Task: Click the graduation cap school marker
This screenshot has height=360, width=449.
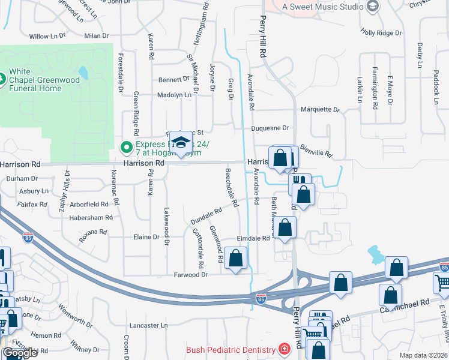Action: tap(179, 143)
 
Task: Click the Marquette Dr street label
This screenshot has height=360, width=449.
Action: tap(320, 110)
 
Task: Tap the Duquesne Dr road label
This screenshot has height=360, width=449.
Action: tap(270, 128)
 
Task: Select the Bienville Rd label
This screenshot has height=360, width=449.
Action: tap(316, 151)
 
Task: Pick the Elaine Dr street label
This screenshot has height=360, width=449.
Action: tap(146, 237)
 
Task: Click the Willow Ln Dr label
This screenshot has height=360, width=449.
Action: tap(47, 36)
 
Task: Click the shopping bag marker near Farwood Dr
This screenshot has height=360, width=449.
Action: tap(237, 259)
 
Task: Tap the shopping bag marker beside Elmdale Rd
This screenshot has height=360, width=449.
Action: tap(286, 227)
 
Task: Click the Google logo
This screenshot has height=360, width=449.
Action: tap(20, 353)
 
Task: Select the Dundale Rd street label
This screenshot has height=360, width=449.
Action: tap(206, 216)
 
